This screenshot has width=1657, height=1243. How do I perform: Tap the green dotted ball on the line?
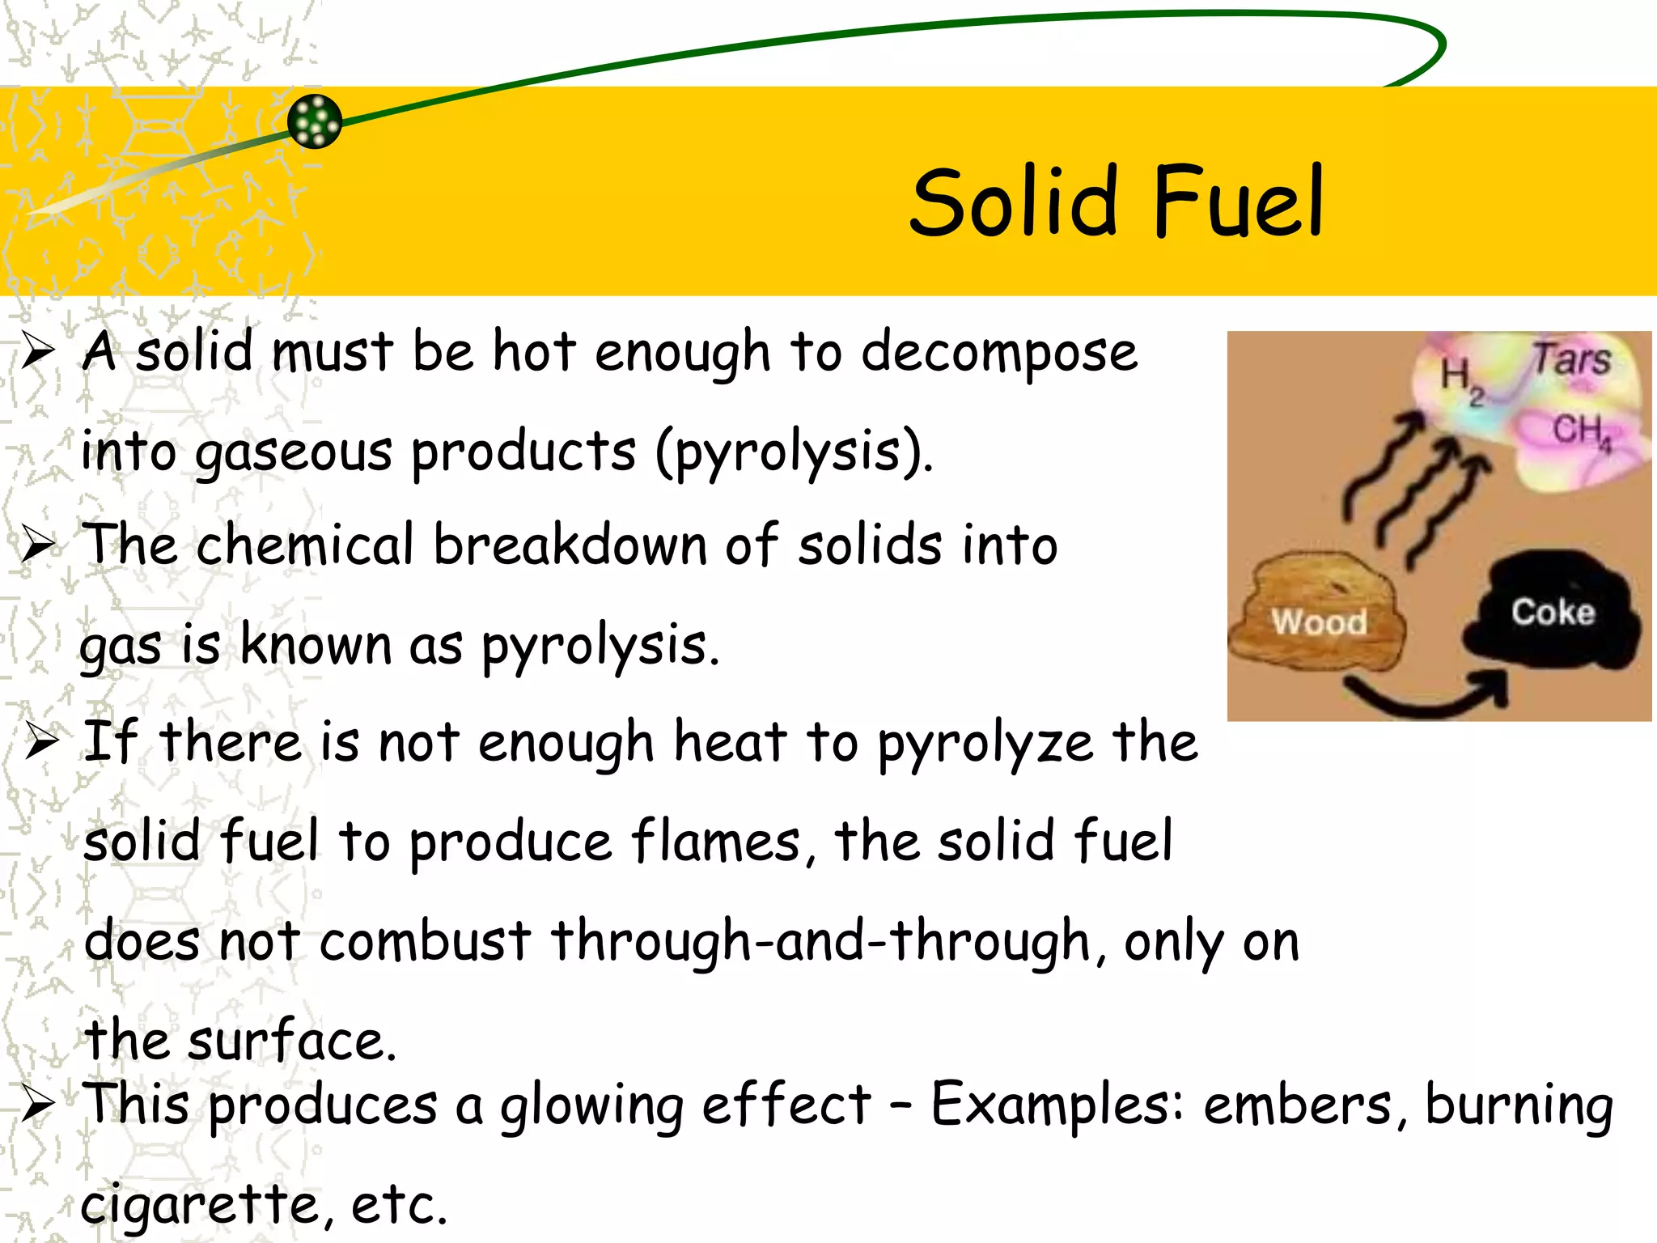coord(315,121)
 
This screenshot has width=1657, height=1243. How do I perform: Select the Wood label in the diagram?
coord(1319,622)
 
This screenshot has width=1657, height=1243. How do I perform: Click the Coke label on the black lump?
coord(1553,613)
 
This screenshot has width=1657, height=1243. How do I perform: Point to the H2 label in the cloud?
coord(1461,379)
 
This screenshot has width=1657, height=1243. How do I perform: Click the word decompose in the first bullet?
coord(998,354)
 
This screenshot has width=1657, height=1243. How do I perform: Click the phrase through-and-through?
coord(820,942)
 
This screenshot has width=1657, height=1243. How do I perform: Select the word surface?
coord(291,1041)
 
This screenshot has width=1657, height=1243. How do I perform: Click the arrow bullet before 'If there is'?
coord(40,740)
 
